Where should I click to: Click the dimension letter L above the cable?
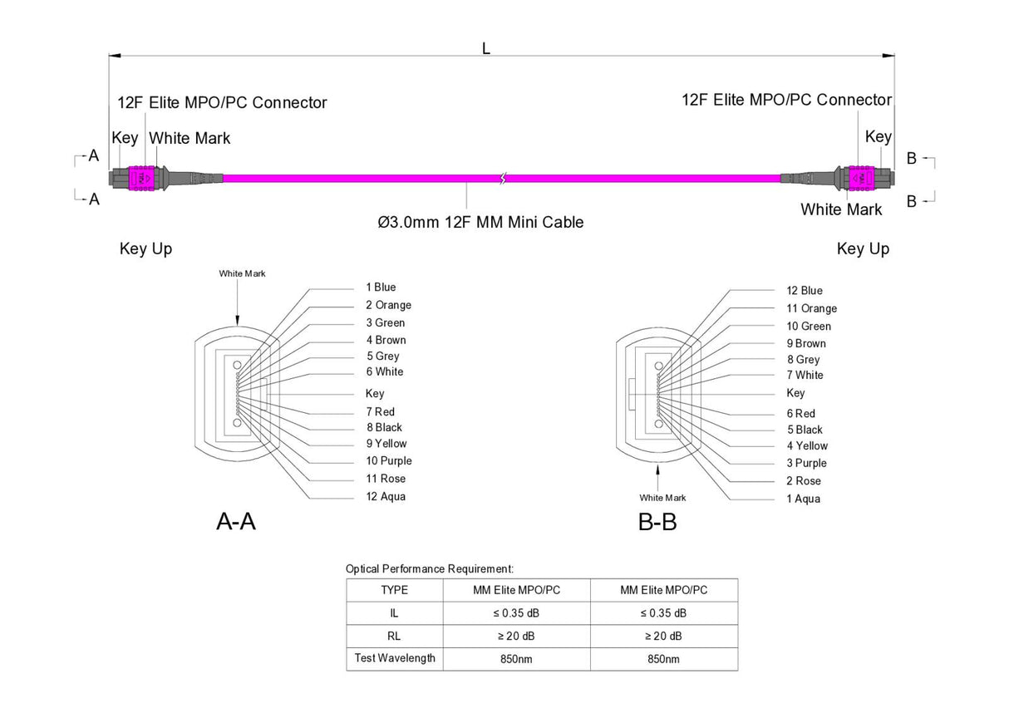click(x=486, y=48)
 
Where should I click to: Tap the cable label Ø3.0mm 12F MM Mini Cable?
click(x=480, y=222)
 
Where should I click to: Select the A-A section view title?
click(x=236, y=522)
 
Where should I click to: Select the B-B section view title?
click(x=657, y=523)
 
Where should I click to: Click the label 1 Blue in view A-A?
click(x=381, y=288)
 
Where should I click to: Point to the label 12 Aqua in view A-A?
click(x=386, y=497)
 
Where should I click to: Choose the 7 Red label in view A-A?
click(x=380, y=412)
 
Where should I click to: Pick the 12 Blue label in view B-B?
click(x=805, y=291)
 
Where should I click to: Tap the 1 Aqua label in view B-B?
click(x=803, y=499)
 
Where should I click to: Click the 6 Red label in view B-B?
click(x=801, y=414)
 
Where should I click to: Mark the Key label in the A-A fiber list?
click(x=375, y=394)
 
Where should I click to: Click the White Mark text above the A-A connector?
click(x=243, y=273)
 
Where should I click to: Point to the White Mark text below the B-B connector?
click(x=662, y=498)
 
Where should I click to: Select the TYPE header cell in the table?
click(x=394, y=590)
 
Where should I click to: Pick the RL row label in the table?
click(x=394, y=636)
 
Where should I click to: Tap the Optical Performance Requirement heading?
click(x=430, y=569)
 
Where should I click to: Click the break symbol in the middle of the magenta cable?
click(x=502, y=178)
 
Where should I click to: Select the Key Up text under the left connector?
click(x=146, y=248)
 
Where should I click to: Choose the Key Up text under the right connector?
click(x=863, y=248)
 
